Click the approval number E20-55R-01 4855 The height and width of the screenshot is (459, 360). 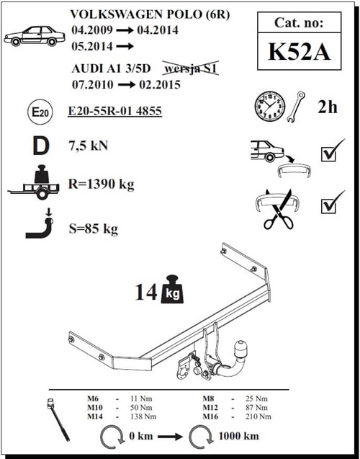point(116,111)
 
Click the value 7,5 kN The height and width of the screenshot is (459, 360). point(90,146)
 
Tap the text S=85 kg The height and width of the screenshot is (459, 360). point(95,229)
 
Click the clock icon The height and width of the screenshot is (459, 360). point(268,106)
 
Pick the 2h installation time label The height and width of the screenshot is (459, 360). point(327,107)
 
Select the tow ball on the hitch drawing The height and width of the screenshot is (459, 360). point(240,350)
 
